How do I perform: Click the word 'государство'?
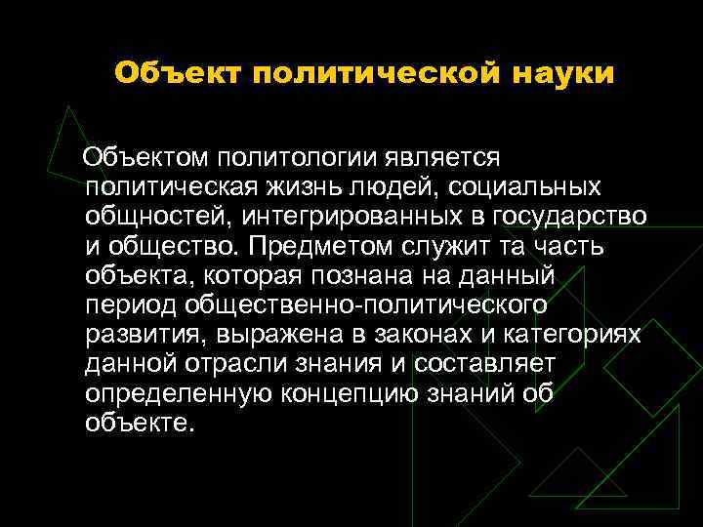pos(574,217)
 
